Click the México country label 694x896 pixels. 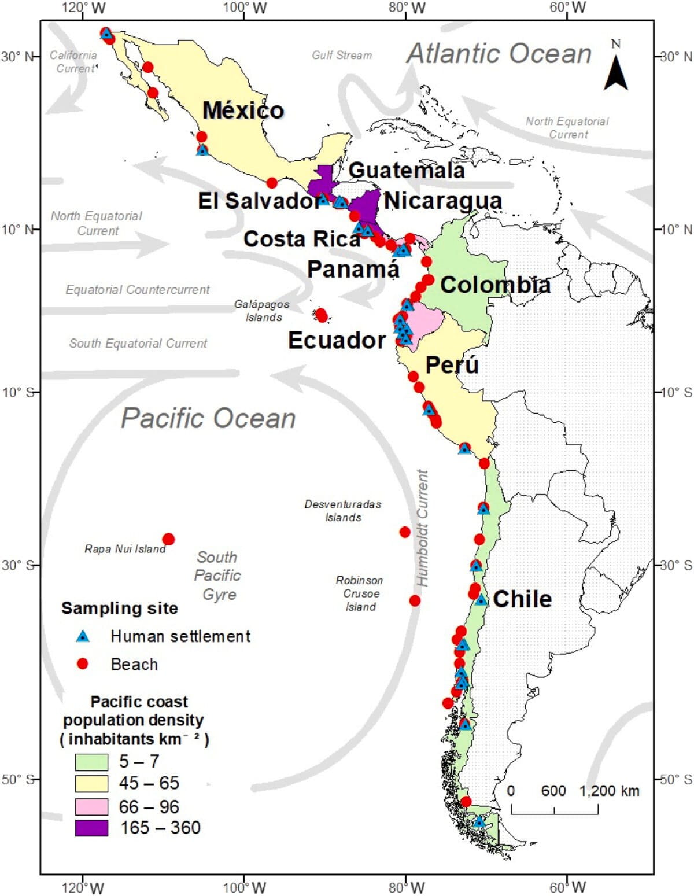coord(243,110)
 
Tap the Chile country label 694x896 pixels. coord(522,599)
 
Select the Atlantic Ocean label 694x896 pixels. coord(499,54)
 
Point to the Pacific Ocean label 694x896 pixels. coord(208,418)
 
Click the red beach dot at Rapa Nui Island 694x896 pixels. coord(168,539)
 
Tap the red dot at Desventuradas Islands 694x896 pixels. coord(405,532)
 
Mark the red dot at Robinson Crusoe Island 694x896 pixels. coord(415,600)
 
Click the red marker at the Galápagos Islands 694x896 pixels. coord(322,315)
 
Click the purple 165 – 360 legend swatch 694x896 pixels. coord(91,828)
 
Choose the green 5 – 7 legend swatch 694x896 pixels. coord(91,761)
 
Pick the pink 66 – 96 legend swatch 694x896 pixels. coord(91,806)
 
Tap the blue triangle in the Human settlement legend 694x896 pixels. coord(83,636)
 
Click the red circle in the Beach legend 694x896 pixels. coord(83,664)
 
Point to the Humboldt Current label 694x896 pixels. coord(423,528)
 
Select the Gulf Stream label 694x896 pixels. coord(342,55)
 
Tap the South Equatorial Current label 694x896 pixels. coord(138,343)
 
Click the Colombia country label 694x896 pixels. coord(495,285)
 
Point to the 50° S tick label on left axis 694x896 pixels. coord(14,779)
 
